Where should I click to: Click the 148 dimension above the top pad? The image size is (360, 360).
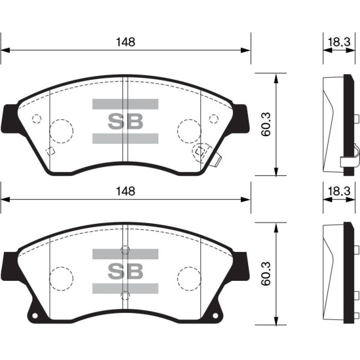(126, 43)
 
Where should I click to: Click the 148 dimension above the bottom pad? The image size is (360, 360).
(126, 191)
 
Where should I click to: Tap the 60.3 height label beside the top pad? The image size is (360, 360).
(266, 124)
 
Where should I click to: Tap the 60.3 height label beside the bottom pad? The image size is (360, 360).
(266, 274)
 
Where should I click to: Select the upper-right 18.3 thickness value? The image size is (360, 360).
(339, 43)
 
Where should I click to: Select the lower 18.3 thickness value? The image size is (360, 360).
(339, 191)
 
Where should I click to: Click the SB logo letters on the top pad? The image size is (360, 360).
(126, 122)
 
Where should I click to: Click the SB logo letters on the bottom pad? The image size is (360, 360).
(126, 271)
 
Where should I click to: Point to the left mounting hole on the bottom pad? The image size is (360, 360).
(35, 315)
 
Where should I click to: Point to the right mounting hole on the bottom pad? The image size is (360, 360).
(215, 315)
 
